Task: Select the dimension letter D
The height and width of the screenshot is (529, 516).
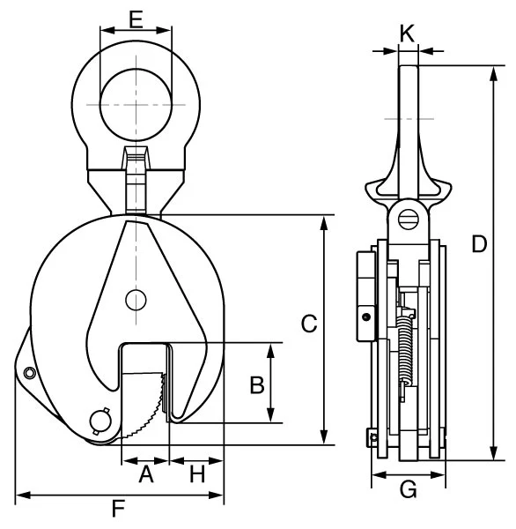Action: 479,244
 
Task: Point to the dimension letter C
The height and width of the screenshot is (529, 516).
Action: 308,324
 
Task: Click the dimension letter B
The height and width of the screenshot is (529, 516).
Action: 256,384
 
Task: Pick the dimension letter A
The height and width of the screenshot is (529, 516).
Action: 146,475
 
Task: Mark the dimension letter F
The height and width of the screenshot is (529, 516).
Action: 118,509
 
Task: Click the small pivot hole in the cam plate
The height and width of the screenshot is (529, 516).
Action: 135,300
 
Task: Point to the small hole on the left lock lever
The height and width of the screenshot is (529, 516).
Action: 29,373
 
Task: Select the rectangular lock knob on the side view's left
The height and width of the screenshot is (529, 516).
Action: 363,297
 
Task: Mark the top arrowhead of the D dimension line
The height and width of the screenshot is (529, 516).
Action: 490,71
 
